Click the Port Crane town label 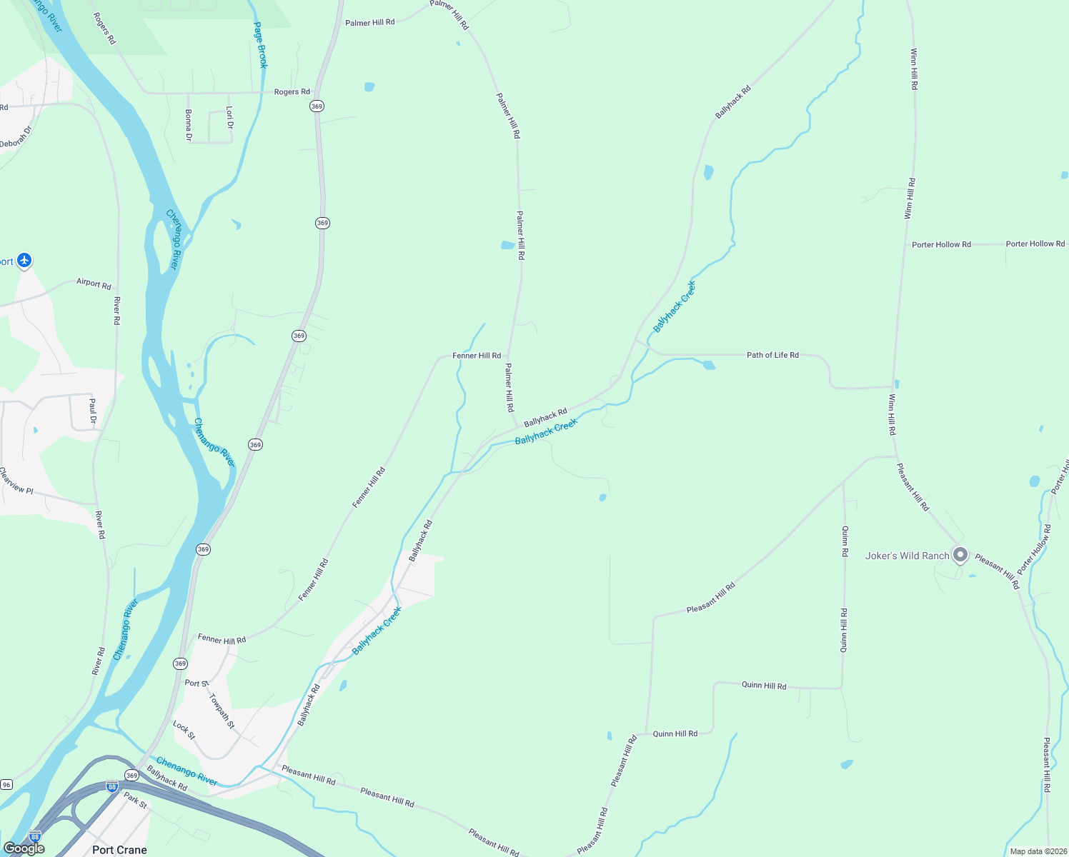pyautogui.click(x=119, y=849)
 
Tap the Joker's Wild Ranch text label pyautogui.click(x=907, y=556)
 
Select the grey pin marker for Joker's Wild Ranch pyautogui.click(x=961, y=554)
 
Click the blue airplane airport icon pyautogui.click(x=24, y=260)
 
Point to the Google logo pyautogui.click(x=24, y=848)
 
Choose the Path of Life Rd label pyautogui.click(x=772, y=355)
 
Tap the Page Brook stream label pyautogui.click(x=261, y=45)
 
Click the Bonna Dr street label pyautogui.click(x=189, y=125)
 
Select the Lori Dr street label pyautogui.click(x=229, y=118)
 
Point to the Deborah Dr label pyautogui.click(x=16, y=137)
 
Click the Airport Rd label pyautogui.click(x=94, y=284)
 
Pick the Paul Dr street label pyautogui.click(x=92, y=411)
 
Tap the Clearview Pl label pyautogui.click(x=16, y=481)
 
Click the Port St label pyautogui.click(x=196, y=683)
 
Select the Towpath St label pyautogui.click(x=222, y=711)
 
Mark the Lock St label pyautogui.click(x=184, y=729)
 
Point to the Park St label pyautogui.click(x=135, y=800)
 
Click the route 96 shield pyautogui.click(x=6, y=784)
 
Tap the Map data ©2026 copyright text pyautogui.click(x=1037, y=851)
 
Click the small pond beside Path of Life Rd pyautogui.click(x=709, y=366)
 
